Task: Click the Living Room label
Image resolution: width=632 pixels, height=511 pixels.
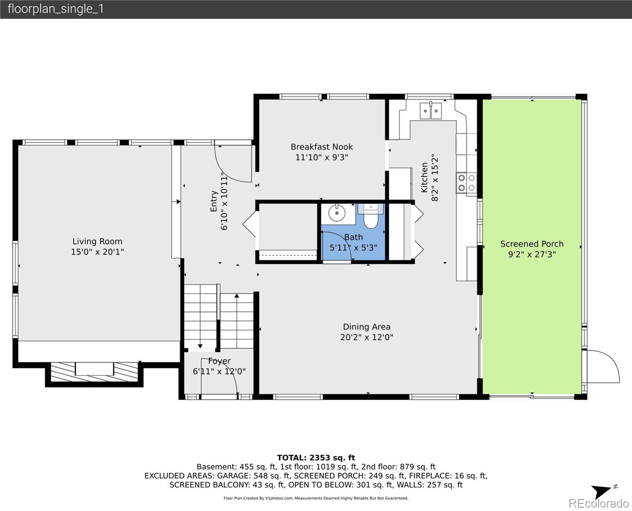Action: tap(97, 241)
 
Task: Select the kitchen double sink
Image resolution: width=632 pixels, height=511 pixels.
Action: tap(431, 111)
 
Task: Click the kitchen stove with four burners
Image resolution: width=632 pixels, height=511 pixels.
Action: tap(466, 183)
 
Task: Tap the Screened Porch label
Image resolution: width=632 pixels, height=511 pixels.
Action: tap(531, 244)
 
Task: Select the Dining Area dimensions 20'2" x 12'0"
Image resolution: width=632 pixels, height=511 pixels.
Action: tap(366, 338)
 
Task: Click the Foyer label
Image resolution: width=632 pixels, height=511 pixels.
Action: tap(219, 361)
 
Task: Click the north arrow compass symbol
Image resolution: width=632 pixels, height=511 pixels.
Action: tap(603, 491)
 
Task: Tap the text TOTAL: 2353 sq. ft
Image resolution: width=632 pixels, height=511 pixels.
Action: tap(316, 458)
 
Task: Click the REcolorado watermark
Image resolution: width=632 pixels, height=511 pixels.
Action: tap(600, 504)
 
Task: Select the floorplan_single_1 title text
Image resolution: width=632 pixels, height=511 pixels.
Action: tap(55, 9)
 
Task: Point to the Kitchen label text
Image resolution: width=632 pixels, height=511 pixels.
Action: tap(424, 177)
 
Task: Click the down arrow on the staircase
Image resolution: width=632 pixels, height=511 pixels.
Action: tap(200, 345)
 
